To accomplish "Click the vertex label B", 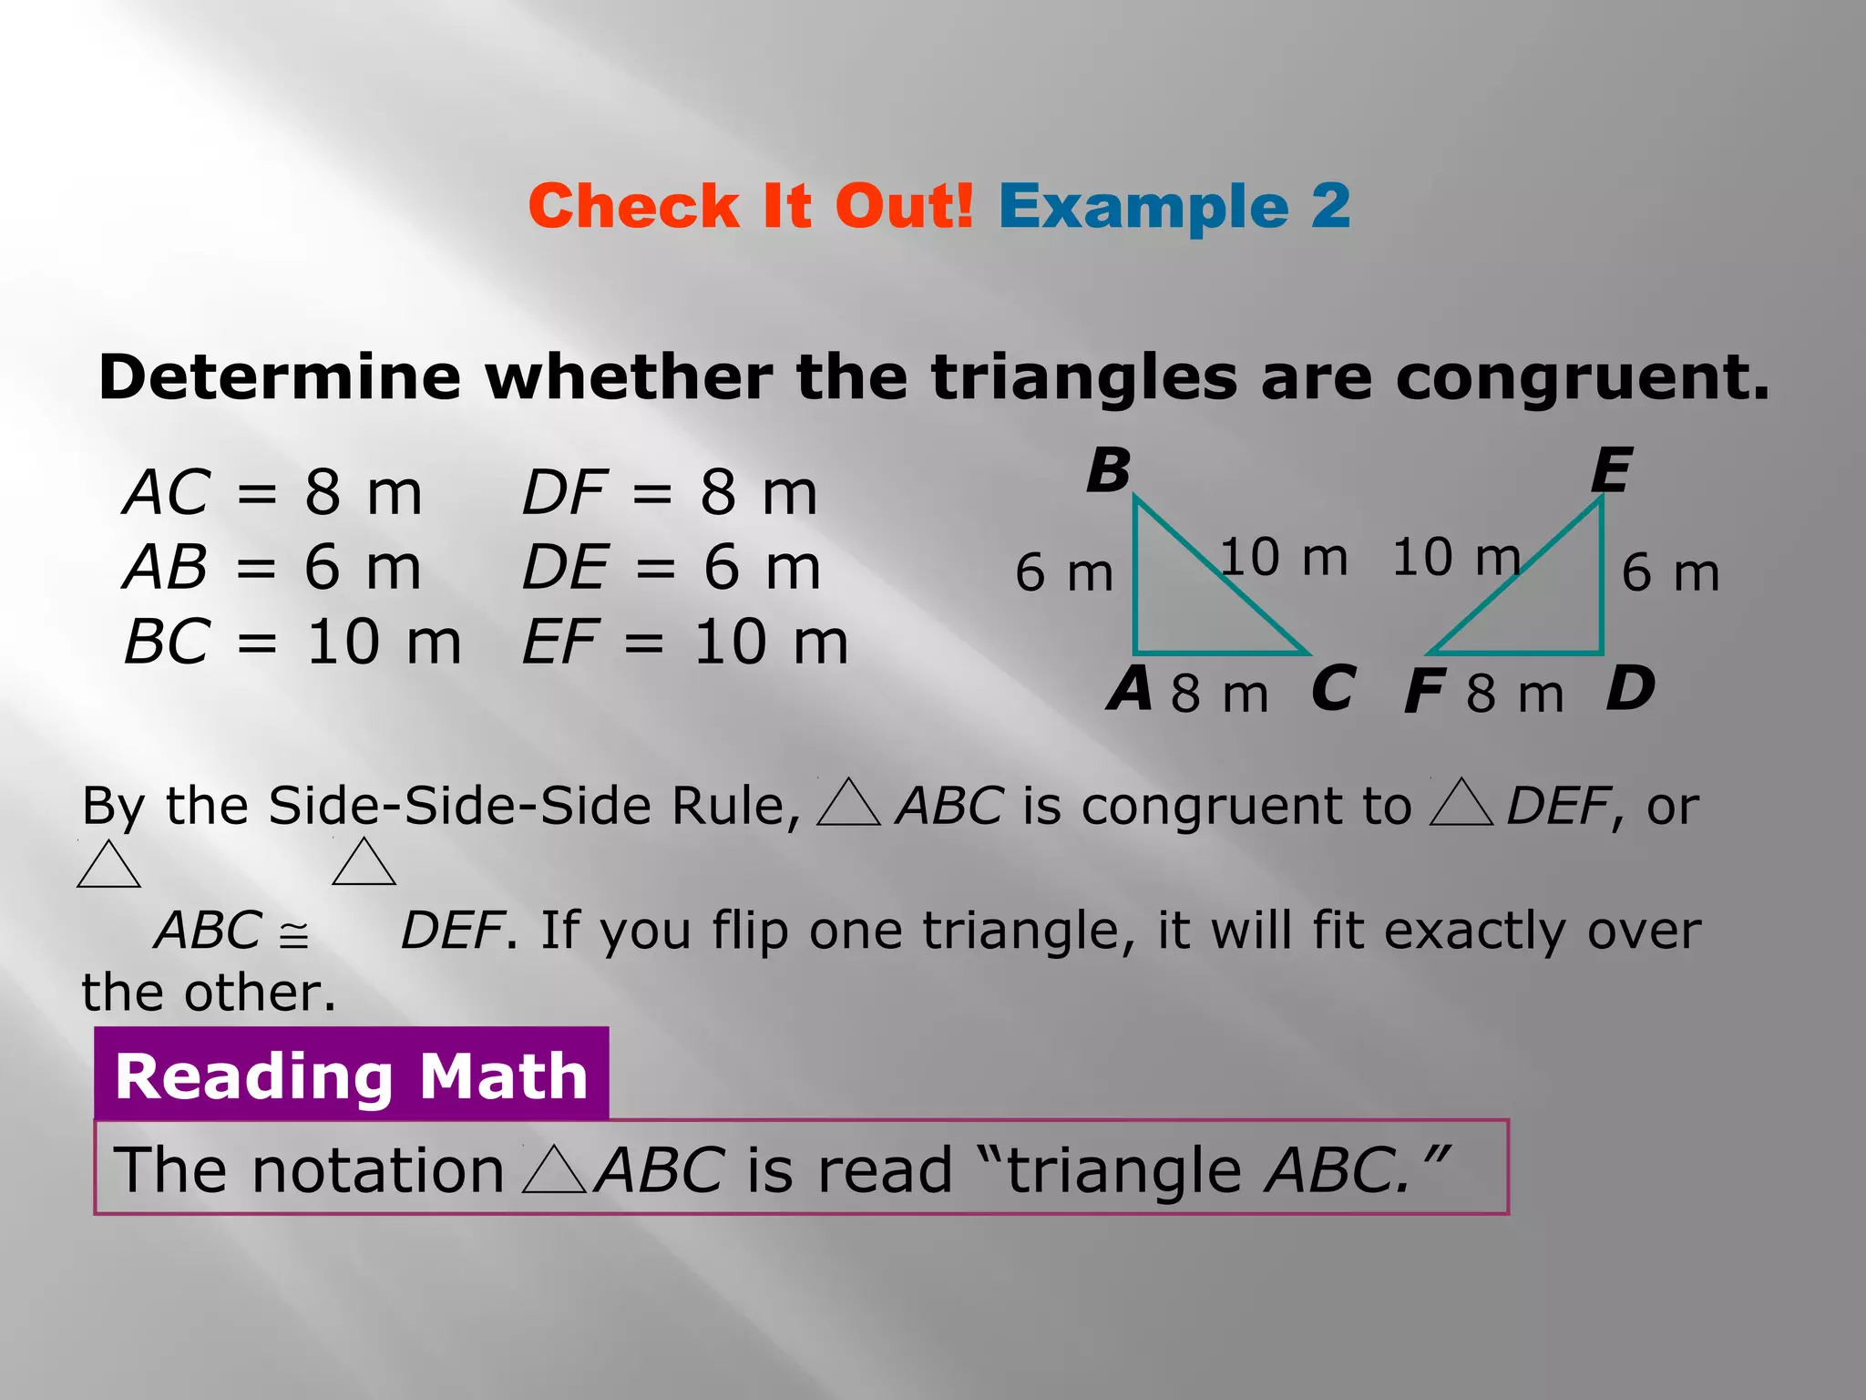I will pyautogui.click(x=1109, y=471).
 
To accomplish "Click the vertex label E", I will pyautogui.click(x=1611, y=471).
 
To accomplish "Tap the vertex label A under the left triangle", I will pyautogui.click(x=1130, y=689).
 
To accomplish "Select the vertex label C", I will pyautogui.click(x=1333, y=689).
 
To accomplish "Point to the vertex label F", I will pyautogui.click(x=1424, y=692).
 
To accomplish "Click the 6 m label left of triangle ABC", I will pyautogui.click(x=1064, y=573).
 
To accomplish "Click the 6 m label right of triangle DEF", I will pyautogui.click(x=1670, y=573).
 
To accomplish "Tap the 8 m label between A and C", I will pyautogui.click(x=1219, y=694).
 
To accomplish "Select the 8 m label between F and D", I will pyautogui.click(x=1515, y=694).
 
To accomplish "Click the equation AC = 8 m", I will pyautogui.click(x=273, y=493).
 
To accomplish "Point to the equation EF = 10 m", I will pyautogui.click(x=685, y=643).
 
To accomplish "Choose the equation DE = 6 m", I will pyautogui.click(x=672, y=568).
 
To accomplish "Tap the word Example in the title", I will pyautogui.click(x=1143, y=208).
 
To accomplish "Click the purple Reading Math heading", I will pyautogui.click(x=352, y=1076).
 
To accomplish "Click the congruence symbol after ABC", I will pyautogui.click(x=293, y=935).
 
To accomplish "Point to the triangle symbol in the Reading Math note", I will pyautogui.click(x=555, y=1170).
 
